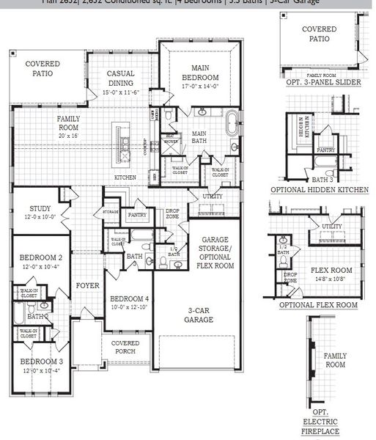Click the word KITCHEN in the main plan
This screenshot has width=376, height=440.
point(125,177)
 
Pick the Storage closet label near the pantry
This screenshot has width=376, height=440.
point(111,213)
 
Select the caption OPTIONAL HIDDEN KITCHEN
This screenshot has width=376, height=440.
point(319,189)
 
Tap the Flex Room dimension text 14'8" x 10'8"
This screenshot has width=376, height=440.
point(331,279)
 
